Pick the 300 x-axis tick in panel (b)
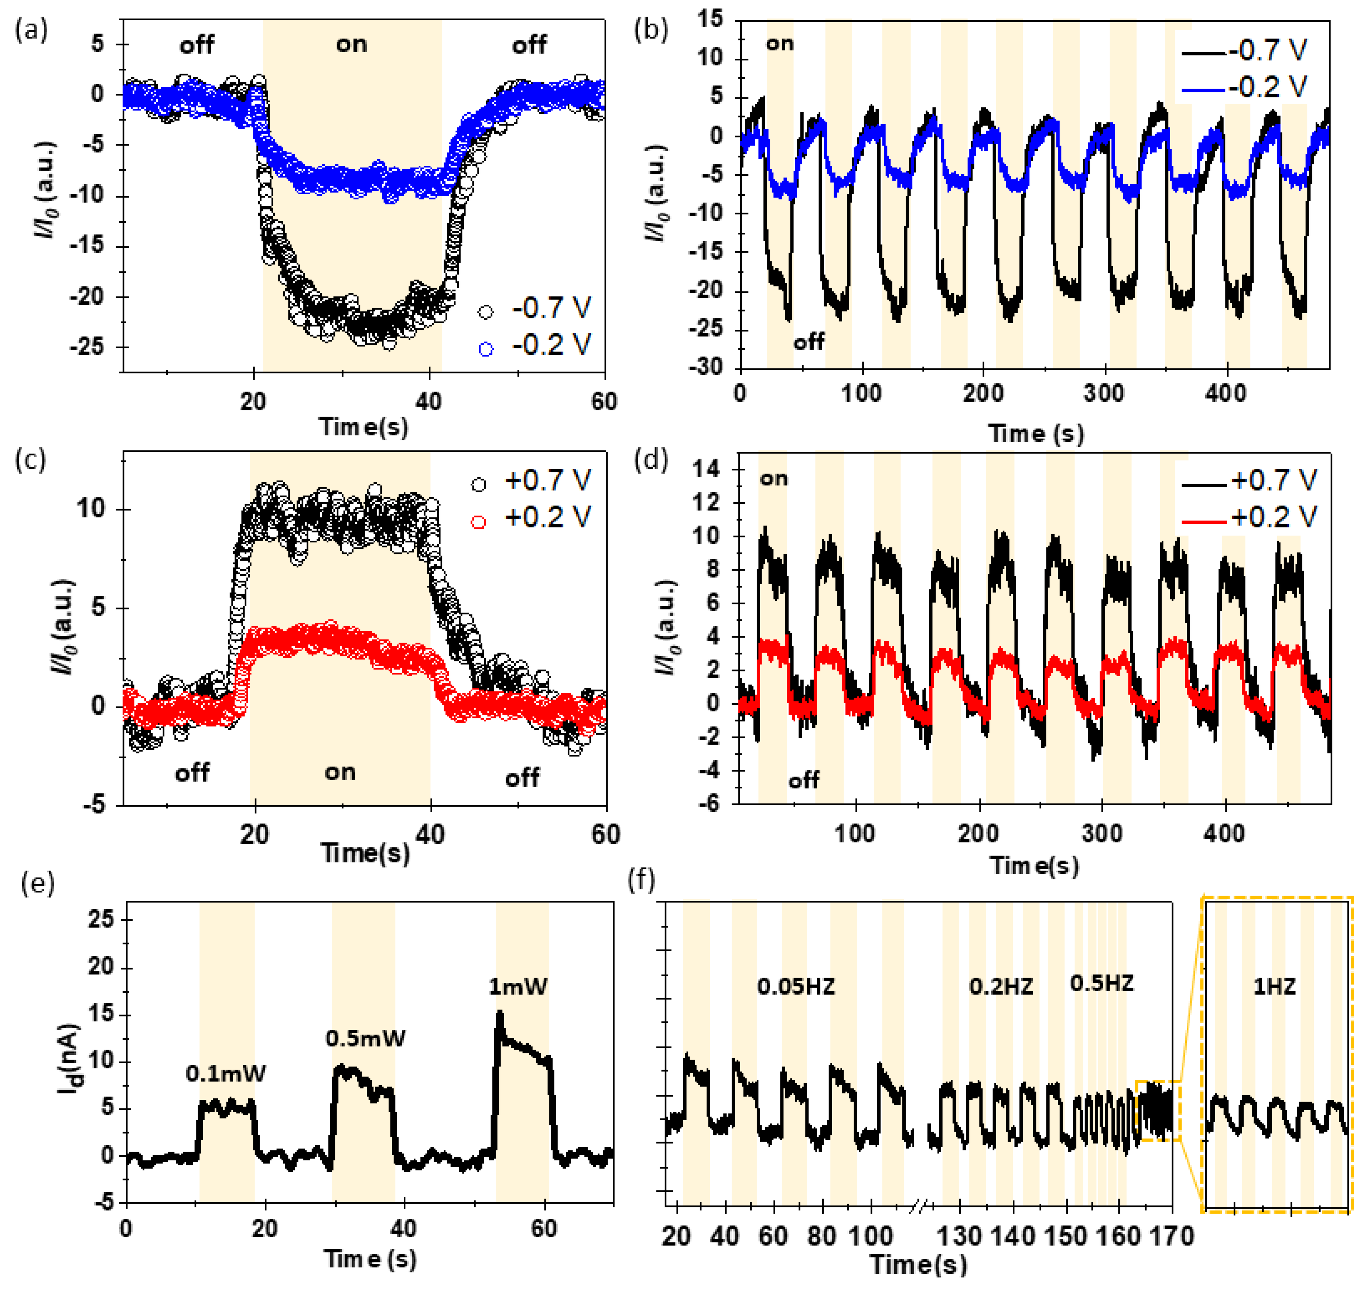(1103, 394)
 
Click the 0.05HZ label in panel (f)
(795, 986)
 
